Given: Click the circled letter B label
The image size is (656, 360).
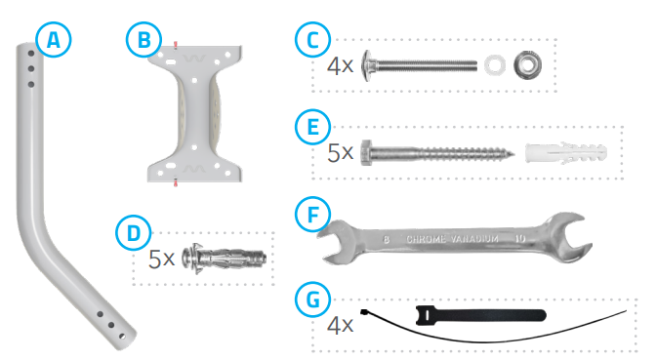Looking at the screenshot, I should pos(143,41).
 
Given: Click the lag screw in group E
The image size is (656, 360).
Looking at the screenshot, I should pos(435,154).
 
